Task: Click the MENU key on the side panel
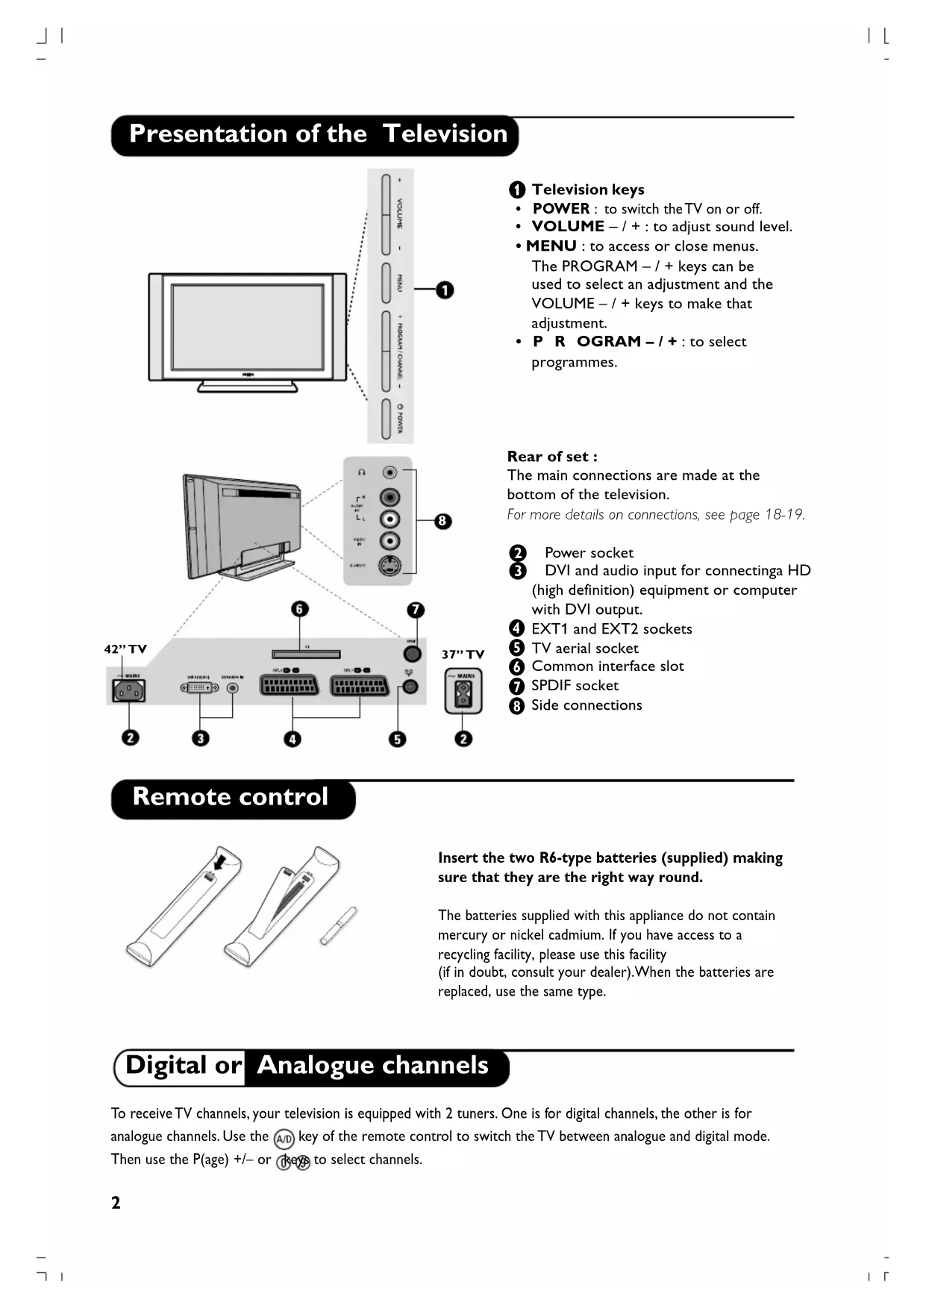click(x=387, y=281)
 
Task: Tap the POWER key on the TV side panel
click(x=387, y=419)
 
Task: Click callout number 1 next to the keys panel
click(x=444, y=290)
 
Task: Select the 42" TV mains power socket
click(x=128, y=690)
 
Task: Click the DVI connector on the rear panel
click(x=199, y=687)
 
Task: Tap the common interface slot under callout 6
click(x=306, y=654)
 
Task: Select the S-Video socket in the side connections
click(x=390, y=566)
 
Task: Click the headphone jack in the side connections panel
click(x=390, y=472)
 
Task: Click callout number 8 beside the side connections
click(x=442, y=520)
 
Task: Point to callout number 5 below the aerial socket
click(x=397, y=739)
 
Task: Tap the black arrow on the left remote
click(x=219, y=862)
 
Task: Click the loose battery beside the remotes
click(x=338, y=926)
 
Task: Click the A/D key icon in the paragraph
click(x=284, y=1139)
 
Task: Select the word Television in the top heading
click(x=445, y=134)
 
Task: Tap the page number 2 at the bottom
click(x=116, y=1203)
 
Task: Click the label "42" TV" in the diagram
click(x=125, y=649)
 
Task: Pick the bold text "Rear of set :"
click(x=552, y=457)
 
